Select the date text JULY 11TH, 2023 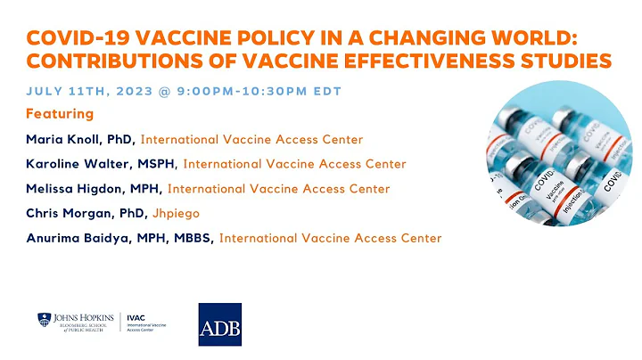[x=87, y=91]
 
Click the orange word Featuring [x=61, y=115]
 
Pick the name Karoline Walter [x=78, y=164]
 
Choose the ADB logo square [x=219, y=324]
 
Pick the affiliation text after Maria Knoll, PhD [x=252, y=139]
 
